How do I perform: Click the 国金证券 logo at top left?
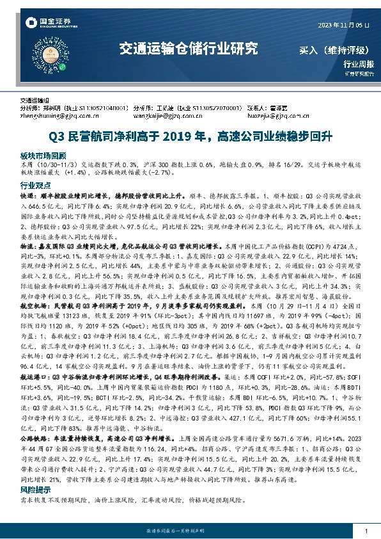tap(43, 24)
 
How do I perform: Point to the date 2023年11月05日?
tap(343, 25)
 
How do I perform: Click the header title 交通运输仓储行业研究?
tap(189, 47)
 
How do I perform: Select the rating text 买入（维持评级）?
tap(338, 49)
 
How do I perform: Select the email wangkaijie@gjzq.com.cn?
tap(171, 117)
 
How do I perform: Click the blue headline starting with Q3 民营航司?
tap(190, 136)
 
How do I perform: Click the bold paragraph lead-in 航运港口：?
tap(35, 396)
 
